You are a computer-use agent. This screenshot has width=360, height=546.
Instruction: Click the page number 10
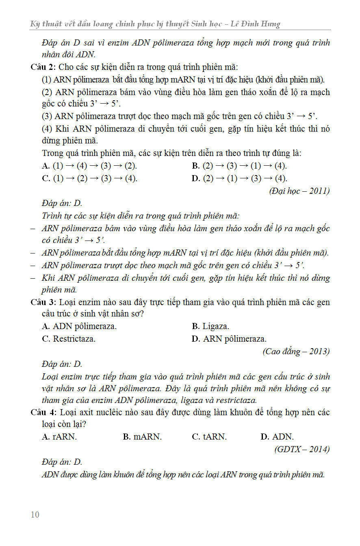[x=35, y=515]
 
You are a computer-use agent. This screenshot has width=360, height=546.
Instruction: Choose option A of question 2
[x=89, y=166]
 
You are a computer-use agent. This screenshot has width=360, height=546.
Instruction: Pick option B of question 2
[x=239, y=166]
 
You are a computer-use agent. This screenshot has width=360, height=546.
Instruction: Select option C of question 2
[x=89, y=179]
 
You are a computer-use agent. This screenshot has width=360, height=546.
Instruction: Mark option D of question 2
[x=239, y=179]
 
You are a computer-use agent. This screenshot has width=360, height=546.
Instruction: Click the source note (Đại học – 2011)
[x=299, y=191]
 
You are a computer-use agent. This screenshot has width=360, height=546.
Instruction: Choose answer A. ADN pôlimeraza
[x=79, y=327]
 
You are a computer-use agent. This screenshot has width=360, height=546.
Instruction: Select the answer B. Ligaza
[x=210, y=327]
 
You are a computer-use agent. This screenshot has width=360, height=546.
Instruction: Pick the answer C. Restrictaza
[x=69, y=339]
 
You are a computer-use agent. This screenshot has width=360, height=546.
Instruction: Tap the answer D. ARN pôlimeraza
[x=229, y=339]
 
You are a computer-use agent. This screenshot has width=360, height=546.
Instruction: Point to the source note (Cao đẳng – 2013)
[x=296, y=351]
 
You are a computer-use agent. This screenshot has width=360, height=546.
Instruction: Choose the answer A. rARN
[x=59, y=437]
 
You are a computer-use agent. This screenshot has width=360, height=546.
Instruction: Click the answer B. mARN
[x=142, y=437]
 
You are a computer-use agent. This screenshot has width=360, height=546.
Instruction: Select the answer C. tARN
[x=209, y=437]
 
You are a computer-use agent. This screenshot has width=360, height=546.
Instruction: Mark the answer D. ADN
[x=277, y=437]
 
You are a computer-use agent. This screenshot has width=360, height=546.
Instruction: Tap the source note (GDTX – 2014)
[x=302, y=449]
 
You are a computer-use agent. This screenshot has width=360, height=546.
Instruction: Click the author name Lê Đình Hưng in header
[x=256, y=24]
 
